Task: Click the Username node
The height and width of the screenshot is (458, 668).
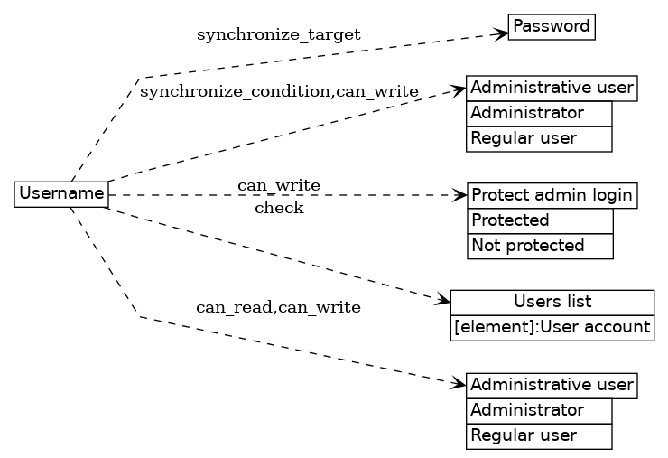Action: [x=61, y=193]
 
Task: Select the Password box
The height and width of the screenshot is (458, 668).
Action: [x=551, y=27]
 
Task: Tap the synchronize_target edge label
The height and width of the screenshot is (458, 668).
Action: [x=278, y=34]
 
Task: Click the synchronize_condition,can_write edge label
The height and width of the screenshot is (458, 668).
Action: [x=279, y=91]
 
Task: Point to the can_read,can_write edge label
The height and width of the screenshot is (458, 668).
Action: [x=278, y=307]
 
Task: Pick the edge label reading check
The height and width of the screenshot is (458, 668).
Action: [x=279, y=209]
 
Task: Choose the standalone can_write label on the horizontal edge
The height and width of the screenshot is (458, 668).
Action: [x=279, y=185]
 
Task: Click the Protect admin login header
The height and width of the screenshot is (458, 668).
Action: [x=552, y=195]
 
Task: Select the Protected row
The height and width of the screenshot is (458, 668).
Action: [x=540, y=220]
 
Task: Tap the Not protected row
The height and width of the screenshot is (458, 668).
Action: [x=540, y=246]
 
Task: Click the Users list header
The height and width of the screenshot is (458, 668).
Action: [x=552, y=302]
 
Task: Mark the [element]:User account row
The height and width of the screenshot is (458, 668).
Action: [x=552, y=327]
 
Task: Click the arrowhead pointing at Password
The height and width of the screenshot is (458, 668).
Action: [x=500, y=34]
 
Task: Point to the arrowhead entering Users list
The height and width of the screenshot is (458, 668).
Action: [x=442, y=300]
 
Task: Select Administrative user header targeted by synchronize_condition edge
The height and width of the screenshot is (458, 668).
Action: [x=552, y=88]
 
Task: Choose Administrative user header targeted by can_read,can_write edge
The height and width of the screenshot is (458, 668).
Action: [x=552, y=385]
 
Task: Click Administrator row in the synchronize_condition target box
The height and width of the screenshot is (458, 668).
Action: [x=540, y=113]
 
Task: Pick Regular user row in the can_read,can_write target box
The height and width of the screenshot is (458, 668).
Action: [x=540, y=435]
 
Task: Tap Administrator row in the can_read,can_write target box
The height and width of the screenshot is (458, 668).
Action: [x=540, y=410]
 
